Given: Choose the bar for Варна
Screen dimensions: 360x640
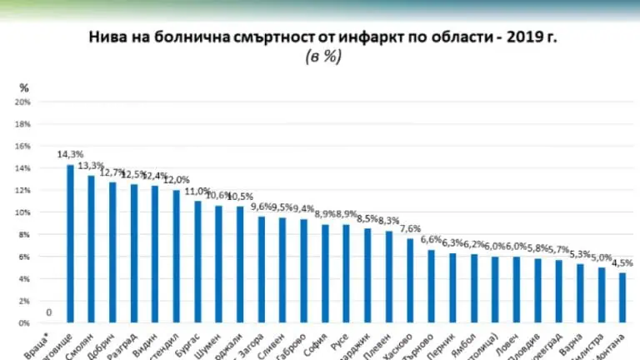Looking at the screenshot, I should click(580, 292).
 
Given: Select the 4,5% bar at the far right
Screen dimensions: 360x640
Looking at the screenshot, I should click(622, 297).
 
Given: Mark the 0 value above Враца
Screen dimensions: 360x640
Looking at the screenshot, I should click(49, 313).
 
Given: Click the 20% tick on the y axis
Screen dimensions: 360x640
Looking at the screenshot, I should click(22, 102).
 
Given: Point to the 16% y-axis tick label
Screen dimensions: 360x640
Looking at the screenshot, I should click(22, 147).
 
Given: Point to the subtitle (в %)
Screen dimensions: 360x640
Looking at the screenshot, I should click(319, 57).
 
